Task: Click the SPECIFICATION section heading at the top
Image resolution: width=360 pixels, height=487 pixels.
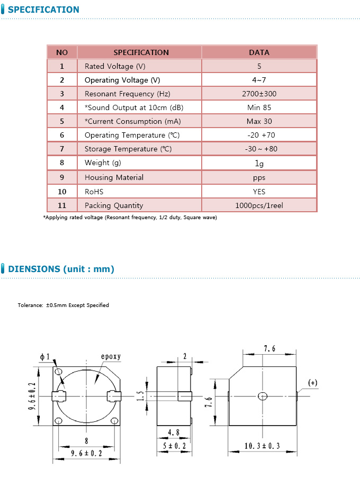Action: click(x=43, y=10)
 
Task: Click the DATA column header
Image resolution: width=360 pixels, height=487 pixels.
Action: click(x=259, y=52)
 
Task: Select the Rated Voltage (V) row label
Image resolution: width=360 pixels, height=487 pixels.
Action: click(x=115, y=66)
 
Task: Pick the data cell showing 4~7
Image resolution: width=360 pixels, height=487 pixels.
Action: click(x=259, y=80)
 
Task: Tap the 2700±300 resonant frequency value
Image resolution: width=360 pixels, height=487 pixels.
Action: click(x=259, y=94)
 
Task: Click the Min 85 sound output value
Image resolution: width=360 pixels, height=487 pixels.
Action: click(x=259, y=107)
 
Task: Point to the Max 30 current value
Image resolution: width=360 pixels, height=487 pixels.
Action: click(x=259, y=121)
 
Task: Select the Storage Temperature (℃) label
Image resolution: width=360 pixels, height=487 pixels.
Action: click(x=128, y=149)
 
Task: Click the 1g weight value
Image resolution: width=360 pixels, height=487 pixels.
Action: click(x=259, y=163)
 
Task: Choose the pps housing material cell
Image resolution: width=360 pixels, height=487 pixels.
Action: click(x=259, y=177)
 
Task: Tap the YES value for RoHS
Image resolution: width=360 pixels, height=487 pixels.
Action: click(x=259, y=192)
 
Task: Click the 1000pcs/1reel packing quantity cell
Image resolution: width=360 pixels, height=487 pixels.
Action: click(x=259, y=205)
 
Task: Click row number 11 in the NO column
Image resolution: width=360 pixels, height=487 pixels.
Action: click(x=62, y=205)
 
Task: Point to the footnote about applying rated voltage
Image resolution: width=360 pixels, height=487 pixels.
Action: click(x=130, y=218)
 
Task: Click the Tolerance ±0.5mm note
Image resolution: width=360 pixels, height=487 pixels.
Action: click(x=63, y=305)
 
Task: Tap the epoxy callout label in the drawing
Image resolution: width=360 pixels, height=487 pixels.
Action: click(x=111, y=357)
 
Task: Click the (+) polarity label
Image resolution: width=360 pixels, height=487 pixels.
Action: click(x=313, y=383)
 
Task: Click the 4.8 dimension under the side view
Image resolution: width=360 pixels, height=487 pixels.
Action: click(x=174, y=432)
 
